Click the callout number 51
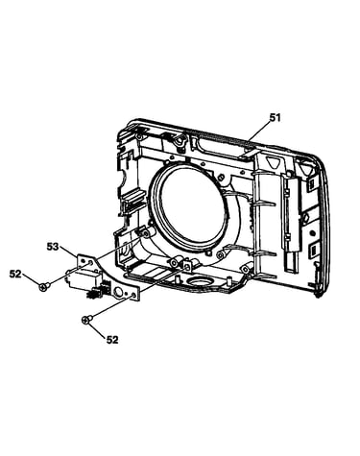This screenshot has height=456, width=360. (275, 118)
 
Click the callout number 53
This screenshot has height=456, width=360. (53, 247)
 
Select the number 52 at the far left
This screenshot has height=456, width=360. (15, 274)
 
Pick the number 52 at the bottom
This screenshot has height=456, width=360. (112, 340)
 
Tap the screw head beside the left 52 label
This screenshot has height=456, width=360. (43, 287)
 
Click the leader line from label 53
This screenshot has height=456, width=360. (68, 253)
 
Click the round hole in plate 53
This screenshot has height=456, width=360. (118, 292)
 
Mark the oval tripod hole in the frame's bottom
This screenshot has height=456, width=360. (200, 282)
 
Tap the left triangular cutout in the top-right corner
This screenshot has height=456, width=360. (274, 162)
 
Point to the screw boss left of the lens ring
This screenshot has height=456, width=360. (146, 233)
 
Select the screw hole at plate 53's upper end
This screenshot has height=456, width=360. (90, 262)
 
